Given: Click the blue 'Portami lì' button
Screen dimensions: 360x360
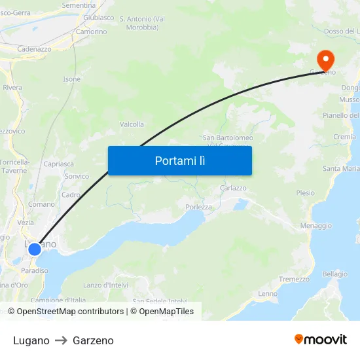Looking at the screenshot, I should click(x=179, y=160).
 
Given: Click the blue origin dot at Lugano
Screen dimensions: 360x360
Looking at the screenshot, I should click(x=35, y=249).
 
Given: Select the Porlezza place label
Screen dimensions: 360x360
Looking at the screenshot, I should click(x=198, y=207).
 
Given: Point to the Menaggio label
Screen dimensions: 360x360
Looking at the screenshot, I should click(x=315, y=225).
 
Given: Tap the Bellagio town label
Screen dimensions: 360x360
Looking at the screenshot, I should click(x=334, y=274).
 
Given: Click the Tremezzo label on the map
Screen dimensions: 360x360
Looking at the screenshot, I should click(x=294, y=279).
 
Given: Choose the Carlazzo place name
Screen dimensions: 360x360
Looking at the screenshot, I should click(x=233, y=188).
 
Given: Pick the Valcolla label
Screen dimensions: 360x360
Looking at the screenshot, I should click(x=132, y=124).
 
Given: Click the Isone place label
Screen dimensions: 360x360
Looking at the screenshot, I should click(x=72, y=79).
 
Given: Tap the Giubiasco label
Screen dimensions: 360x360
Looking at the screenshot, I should click(x=99, y=18).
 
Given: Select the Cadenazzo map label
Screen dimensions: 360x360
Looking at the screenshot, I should click(x=34, y=49).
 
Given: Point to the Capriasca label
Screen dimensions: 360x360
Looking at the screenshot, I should click(x=58, y=164).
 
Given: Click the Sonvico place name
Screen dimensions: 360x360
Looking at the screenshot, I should click(x=77, y=176).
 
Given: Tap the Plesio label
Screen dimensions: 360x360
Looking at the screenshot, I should click(x=305, y=193).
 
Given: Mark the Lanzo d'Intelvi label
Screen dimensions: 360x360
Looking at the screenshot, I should click(x=106, y=285).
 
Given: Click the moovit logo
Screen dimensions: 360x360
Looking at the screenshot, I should click(x=321, y=340).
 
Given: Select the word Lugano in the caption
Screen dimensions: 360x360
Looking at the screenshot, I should click(x=31, y=340).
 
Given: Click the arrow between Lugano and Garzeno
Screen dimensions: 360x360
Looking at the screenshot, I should click(x=61, y=340).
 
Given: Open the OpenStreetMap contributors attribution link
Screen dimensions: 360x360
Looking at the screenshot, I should click(x=70, y=312).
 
